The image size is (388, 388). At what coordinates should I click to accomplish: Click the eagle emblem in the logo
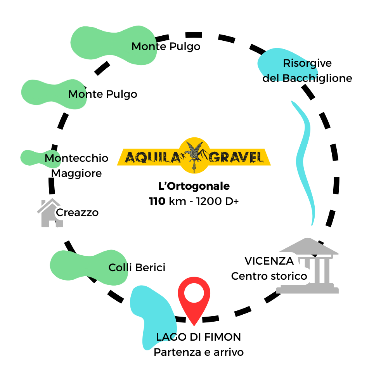click(x=194, y=155)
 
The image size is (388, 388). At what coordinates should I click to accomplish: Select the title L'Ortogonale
click(x=194, y=186)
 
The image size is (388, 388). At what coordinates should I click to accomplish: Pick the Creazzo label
click(x=77, y=213)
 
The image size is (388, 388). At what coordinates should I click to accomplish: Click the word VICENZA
click(x=269, y=261)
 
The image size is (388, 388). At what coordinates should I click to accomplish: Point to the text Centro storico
click(x=269, y=276)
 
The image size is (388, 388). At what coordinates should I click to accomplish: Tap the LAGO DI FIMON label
click(x=199, y=337)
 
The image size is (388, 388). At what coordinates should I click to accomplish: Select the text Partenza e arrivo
click(x=199, y=352)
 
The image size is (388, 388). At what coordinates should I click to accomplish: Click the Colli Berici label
click(x=137, y=267)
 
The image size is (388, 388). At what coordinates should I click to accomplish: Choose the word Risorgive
click(x=307, y=63)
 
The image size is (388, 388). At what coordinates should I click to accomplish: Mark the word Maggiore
click(x=77, y=173)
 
